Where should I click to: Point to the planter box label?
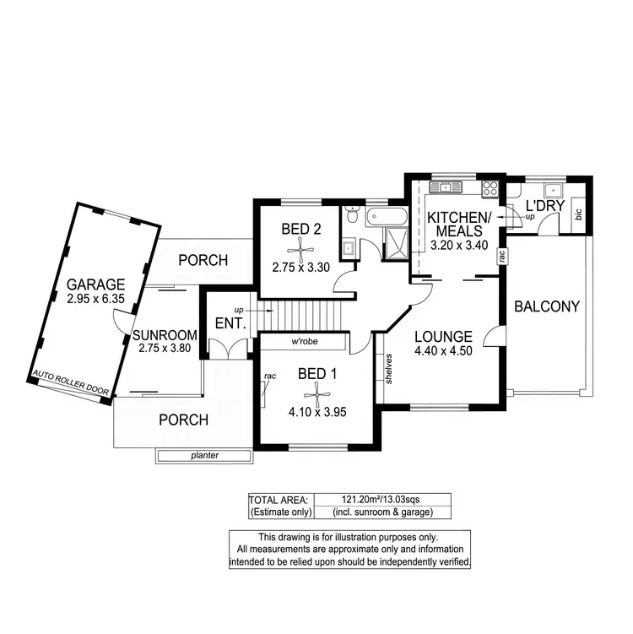click(204, 456)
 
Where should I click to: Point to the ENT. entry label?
click(230, 322)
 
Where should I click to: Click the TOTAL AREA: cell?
click(280, 499)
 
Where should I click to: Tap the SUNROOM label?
click(165, 334)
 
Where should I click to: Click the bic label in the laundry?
click(579, 214)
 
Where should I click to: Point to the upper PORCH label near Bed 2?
click(203, 260)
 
